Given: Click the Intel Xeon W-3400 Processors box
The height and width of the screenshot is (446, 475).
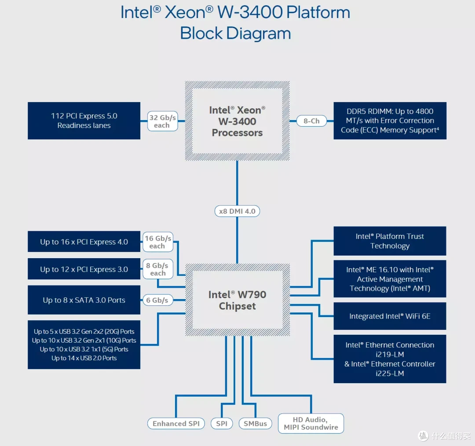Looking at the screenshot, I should click(x=237, y=121).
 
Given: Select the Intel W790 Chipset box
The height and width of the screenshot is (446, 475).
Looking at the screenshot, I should click(x=237, y=300).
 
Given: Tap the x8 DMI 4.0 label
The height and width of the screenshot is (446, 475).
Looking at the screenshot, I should click(x=237, y=211).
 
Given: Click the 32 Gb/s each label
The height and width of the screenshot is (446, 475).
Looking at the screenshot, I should click(x=162, y=121).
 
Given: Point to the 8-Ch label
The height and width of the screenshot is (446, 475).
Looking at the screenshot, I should click(x=311, y=121).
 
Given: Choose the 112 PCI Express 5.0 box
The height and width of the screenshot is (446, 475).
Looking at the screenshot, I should click(x=84, y=121).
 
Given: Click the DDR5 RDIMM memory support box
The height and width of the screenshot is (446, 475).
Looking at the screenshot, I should click(x=390, y=121).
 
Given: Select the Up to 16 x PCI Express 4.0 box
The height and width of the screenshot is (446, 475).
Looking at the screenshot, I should click(x=84, y=242).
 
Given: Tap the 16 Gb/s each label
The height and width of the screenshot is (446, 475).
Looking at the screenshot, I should click(x=157, y=242).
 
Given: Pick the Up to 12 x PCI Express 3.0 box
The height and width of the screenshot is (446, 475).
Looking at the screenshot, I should click(x=84, y=269).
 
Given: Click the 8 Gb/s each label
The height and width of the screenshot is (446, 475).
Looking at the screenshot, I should click(x=157, y=269).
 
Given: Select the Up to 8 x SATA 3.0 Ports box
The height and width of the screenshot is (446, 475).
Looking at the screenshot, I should click(x=84, y=300).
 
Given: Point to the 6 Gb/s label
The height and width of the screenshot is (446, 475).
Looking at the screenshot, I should click(x=157, y=300).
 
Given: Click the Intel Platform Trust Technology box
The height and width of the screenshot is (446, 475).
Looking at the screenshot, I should click(x=390, y=241).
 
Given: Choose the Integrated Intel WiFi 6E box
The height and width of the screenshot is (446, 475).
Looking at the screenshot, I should click(x=390, y=316).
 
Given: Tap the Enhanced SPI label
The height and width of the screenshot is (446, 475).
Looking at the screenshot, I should click(x=176, y=424).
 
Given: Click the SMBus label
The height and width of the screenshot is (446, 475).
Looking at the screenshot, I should click(x=255, y=424).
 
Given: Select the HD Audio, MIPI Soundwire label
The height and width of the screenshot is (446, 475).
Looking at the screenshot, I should click(x=311, y=423).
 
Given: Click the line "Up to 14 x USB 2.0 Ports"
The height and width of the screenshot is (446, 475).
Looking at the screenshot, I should click(x=84, y=358).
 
